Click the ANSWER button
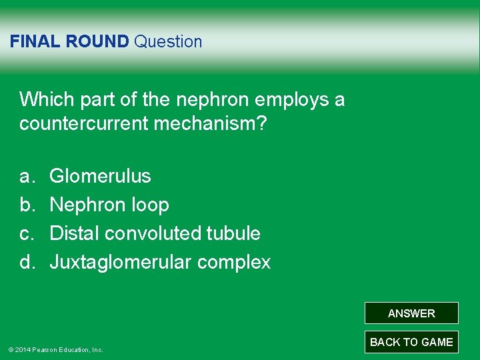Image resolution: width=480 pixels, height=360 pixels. pyautogui.click(x=411, y=313)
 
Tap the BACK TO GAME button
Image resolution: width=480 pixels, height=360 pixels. pyautogui.click(x=411, y=342)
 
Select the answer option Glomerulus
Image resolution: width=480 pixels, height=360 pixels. pyautogui.click(x=100, y=176)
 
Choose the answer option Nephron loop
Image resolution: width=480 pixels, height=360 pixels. pyautogui.click(x=109, y=205)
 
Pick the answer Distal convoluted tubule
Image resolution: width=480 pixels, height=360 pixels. pyautogui.click(x=155, y=233)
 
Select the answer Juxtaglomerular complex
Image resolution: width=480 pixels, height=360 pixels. pyautogui.click(x=160, y=262)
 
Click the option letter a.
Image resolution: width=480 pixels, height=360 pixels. pyautogui.click(x=26, y=177)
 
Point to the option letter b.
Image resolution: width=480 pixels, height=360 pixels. pyautogui.click(x=26, y=205)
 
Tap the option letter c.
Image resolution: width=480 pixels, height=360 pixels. pyautogui.click(x=26, y=233)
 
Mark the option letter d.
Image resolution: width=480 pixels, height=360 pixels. pyautogui.click(x=26, y=262)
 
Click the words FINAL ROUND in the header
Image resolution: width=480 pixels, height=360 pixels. pyautogui.click(x=69, y=41)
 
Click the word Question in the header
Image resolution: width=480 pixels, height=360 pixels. pyautogui.click(x=168, y=41)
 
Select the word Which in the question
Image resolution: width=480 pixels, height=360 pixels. pyautogui.click(x=43, y=100)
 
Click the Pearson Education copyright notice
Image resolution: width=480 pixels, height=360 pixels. pyautogui.click(x=55, y=349)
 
